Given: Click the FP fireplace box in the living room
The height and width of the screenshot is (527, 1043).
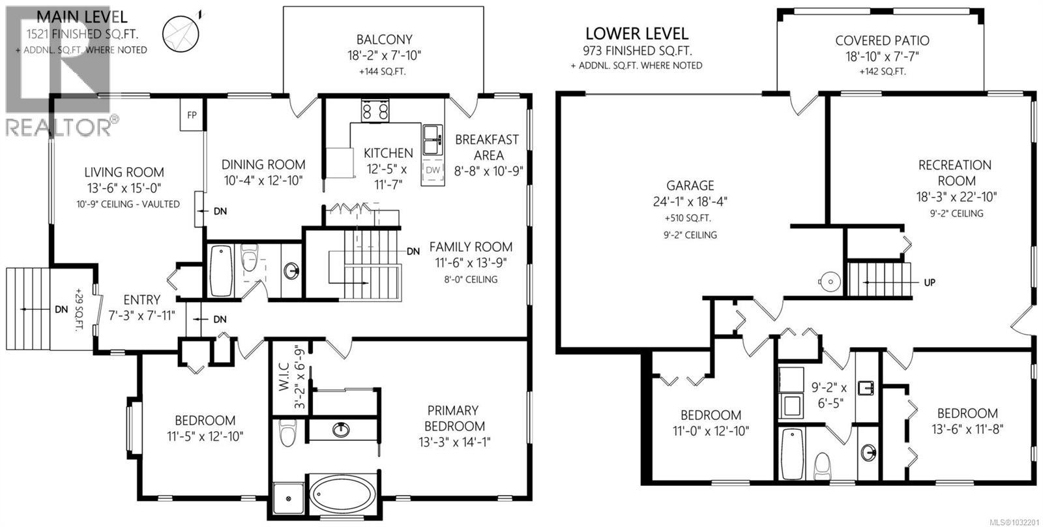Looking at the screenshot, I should (x=192, y=115).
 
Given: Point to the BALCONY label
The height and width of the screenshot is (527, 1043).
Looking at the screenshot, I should (x=384, y=40).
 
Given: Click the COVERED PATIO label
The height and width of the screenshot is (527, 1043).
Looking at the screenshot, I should (x=882, y=40).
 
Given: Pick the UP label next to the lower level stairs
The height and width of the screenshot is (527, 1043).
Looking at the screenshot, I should (x=930, y=282).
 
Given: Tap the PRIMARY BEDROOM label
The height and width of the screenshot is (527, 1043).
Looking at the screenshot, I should (x=453, y=418).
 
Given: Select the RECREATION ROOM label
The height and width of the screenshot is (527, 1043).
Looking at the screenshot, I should (x=955, y=173).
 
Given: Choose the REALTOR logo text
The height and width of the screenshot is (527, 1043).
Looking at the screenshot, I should (x=59, y=127).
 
